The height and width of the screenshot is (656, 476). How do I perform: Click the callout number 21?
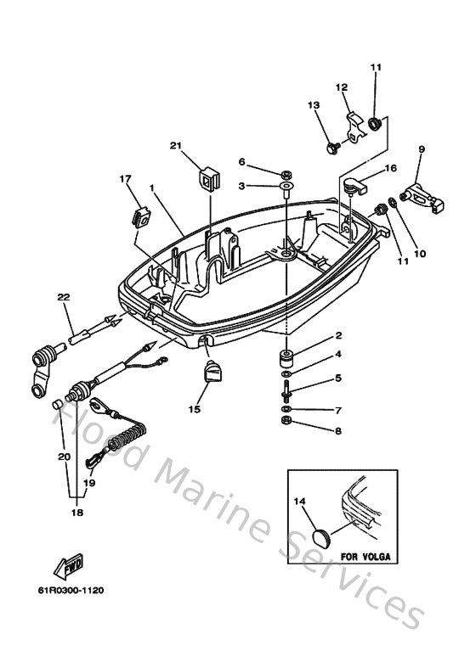tap(176, 145)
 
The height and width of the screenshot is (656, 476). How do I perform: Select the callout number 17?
tap(125, 179)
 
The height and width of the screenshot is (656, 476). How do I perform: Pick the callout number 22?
tap(63, 296)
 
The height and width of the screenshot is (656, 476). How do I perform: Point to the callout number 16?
tap(391, 169)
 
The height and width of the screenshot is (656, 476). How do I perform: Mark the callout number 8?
tap(337, 431)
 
